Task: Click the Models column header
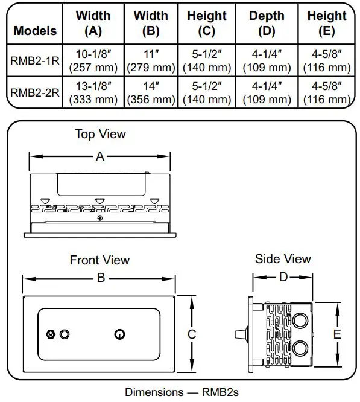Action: (35, 30)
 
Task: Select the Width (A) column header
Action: (93, 24)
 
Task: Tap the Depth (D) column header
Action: (266, 24)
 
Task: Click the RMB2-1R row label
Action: (35, 60)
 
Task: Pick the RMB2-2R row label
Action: (35, 92)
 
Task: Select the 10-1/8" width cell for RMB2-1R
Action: (93, 60)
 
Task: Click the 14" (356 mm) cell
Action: (151, 92)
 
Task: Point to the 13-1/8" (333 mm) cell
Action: (93, 92)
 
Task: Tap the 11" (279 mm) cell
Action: (151, 60)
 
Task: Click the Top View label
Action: (100, 134)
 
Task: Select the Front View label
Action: (99, 261)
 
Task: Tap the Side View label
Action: (283, 259)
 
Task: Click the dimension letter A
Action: (100, 156)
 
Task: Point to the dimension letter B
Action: (101, 278)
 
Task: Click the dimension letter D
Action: (283, 278)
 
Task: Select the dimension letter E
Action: (337, 334)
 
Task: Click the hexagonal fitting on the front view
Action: (51, 334)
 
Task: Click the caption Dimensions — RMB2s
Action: (182, 392)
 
